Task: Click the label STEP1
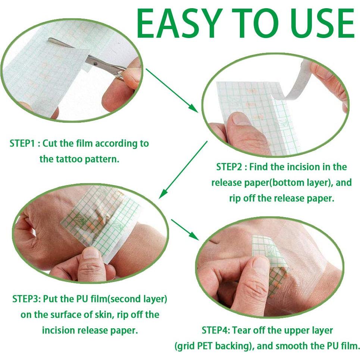point(22,144)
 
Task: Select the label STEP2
point(229,167)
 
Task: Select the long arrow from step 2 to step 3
point(183,170)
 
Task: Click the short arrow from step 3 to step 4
point(185,229)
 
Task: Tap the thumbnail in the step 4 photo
point(259,264)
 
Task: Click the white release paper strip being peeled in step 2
point(298,80)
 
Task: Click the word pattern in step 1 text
point(101,159)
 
